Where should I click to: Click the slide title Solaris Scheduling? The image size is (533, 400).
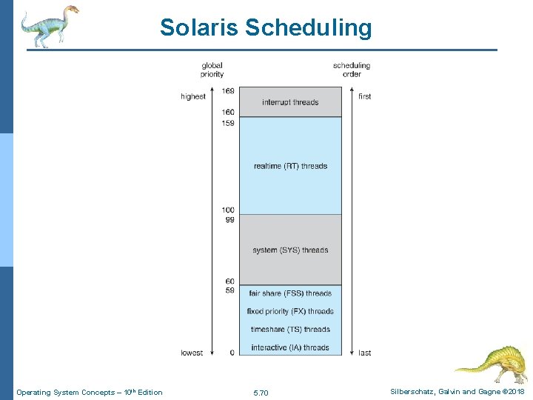click(x=266, y=28)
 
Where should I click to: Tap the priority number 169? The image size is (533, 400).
click(x=228, y=91)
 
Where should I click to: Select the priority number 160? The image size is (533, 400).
click(x=228, y=113)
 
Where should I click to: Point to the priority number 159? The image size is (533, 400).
click(x=228, y=123)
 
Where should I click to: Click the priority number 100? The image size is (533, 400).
click(x=228, y=210)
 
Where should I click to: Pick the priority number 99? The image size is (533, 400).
click(x=230, y=220)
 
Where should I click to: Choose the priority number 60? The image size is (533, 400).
click(x=230, y=281)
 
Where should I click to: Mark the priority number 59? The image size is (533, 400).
click(x=230, y=290)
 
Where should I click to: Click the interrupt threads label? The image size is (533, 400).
click(x=290, y=102)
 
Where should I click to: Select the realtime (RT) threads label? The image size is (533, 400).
click(x=290, y=166)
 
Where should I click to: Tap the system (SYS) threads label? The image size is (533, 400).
click(x=290, y=250)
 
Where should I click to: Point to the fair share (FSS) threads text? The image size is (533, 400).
click(x=290, y=293)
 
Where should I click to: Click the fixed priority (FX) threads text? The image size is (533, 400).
click(x=290, y=311)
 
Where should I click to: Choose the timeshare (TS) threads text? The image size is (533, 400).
click(x=290, y=330)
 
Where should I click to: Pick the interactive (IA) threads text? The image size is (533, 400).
click(x=290, y=347)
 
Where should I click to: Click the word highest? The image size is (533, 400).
click(x=193, y=97)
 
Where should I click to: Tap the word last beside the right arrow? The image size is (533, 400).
click(x=365, y=353)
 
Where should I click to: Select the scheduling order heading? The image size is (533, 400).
click(x=352, y=70)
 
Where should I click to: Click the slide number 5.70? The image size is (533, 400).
click(x=261, y=393)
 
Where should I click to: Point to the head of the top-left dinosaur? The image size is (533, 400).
click(x=71, y=10)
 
